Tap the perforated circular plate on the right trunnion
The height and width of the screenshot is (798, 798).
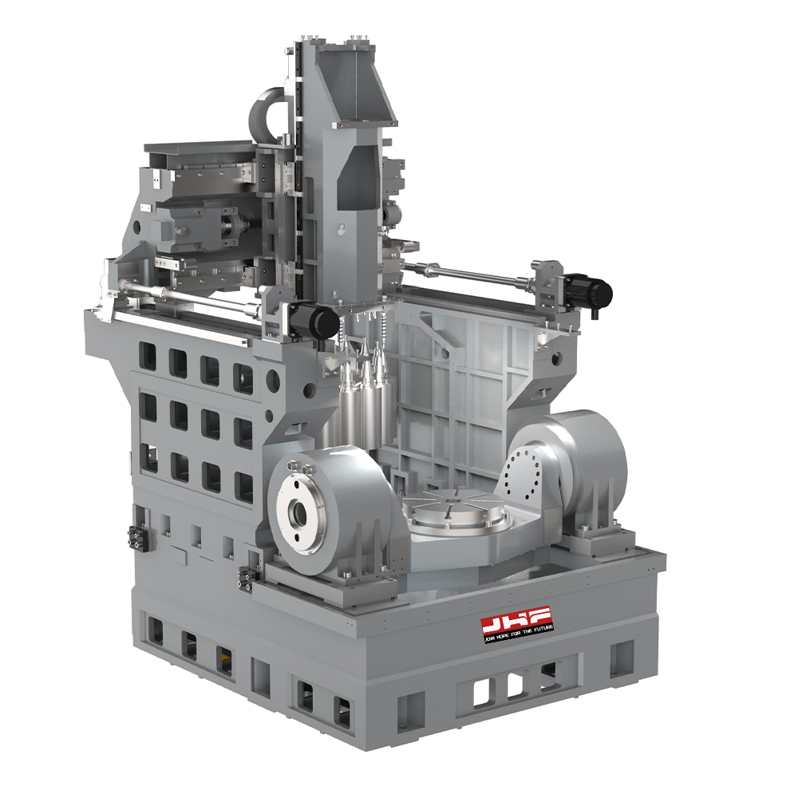(523, 472)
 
